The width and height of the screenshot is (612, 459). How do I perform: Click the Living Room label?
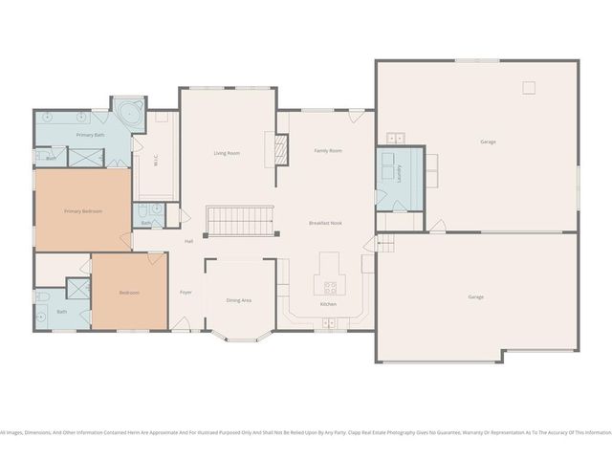coord(226,153)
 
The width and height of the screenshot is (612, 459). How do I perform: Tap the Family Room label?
coord(328,151)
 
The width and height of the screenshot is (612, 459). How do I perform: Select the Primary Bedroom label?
coord(82,210)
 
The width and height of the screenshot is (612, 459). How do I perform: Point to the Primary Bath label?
coord(91,136)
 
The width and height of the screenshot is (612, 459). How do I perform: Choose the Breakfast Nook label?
coord(325,223)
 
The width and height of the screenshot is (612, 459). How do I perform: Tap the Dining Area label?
coord(238,300)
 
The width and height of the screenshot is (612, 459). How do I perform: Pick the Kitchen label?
coord(328,304)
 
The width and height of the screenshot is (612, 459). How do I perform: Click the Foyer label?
coord(186,292)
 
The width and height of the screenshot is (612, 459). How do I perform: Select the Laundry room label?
coord(399,173)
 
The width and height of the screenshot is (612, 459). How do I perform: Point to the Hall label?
coord(189,240)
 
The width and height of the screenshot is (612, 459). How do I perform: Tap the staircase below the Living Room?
coord(241,221)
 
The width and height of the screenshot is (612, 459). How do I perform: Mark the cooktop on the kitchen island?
coord(331,285)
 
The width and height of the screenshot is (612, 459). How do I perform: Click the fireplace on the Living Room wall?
coord(281,149)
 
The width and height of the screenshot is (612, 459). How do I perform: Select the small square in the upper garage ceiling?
coord(528,88)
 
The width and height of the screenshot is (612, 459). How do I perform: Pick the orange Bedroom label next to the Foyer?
coord(129,293)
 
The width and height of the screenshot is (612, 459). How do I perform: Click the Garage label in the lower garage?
coord(475,296)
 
